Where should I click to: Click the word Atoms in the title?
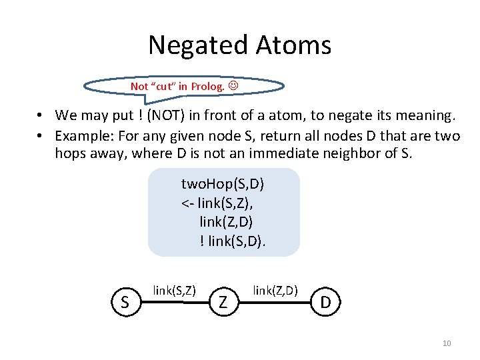(292, 45)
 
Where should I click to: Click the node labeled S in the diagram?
(125, 303)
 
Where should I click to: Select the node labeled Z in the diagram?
(223, 303)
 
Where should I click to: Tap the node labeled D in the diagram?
(325, 303)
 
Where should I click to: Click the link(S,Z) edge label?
(174, 290)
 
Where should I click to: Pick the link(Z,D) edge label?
(275, 290)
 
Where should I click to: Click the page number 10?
(447, 343)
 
